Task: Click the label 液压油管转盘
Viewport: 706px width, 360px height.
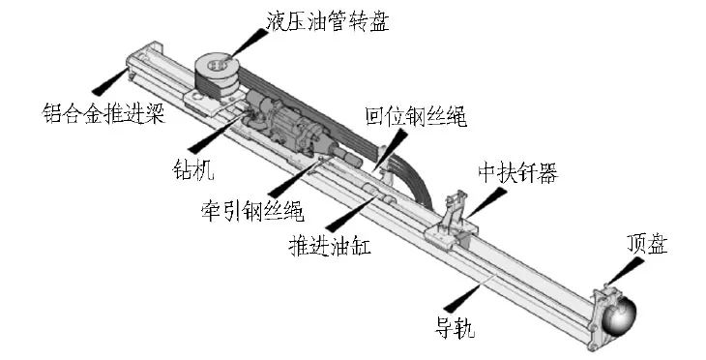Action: pos(327,21)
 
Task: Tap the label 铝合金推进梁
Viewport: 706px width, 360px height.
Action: pos(103,112)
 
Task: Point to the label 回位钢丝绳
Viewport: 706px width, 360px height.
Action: pos(416,117)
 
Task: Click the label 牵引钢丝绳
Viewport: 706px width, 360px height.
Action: pos(252,210)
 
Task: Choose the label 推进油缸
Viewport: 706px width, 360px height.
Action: pos(330,245)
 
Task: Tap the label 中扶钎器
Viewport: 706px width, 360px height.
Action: pos(517,172)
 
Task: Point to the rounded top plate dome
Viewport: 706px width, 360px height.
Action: pos(620,315)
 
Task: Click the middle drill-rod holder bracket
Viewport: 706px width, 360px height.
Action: pos(452,222)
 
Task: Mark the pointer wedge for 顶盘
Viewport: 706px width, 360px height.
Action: pos(625,272)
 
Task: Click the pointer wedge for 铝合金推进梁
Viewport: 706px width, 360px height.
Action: pos(109,81)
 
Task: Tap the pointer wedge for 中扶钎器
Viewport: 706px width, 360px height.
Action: pos(485,202)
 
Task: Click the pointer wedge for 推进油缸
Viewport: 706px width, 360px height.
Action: pos(348,214)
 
